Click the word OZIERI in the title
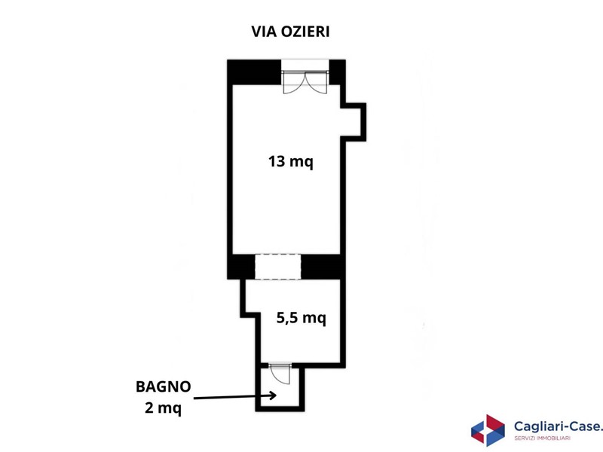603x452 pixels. [305, 32]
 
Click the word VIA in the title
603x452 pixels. [265, 32]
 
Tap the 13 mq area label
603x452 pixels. [291, 161]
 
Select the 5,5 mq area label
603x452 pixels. [301, 318]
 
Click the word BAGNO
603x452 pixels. [164, 386]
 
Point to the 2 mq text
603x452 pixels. [163, 408]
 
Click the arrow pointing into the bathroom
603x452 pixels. [235, 397]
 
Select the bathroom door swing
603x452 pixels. [280, 373]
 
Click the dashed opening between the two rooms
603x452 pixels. [277, 267]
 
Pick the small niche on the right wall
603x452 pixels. [353, 122]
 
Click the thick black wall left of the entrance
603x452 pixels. [254, 72]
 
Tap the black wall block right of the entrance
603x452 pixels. [337, 72]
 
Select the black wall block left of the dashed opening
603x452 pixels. [241, 267]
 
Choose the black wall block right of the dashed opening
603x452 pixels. [321, 267]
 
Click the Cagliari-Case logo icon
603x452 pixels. [488, 430]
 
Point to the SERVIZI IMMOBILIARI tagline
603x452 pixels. [542, 438]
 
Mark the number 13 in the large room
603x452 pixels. [277, 161]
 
